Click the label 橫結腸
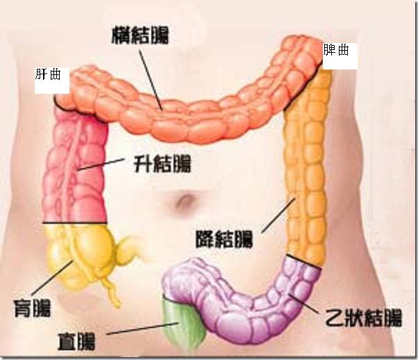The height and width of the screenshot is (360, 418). (x=140, y=35)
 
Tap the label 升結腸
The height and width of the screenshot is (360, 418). (x=162, y=163)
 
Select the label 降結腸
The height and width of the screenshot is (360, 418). (x=224, y=239)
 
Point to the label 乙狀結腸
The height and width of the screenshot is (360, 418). (x=363, y=318)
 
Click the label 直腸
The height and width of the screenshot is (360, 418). (x=76, y=341)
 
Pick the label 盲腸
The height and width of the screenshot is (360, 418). (x=32, y=308)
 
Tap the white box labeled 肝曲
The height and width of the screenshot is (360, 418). (x=52, y=81)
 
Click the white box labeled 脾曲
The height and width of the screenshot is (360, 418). (x=340, y=56)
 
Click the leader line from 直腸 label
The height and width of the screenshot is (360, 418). (x=142, y=329)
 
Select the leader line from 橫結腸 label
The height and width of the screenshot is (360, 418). (x=151, y=80)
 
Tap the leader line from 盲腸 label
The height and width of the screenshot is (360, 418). (x=52, y=277)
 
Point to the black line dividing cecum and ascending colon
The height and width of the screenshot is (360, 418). (x=75, y=222)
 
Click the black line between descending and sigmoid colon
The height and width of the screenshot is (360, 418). (x=303, y=261)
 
